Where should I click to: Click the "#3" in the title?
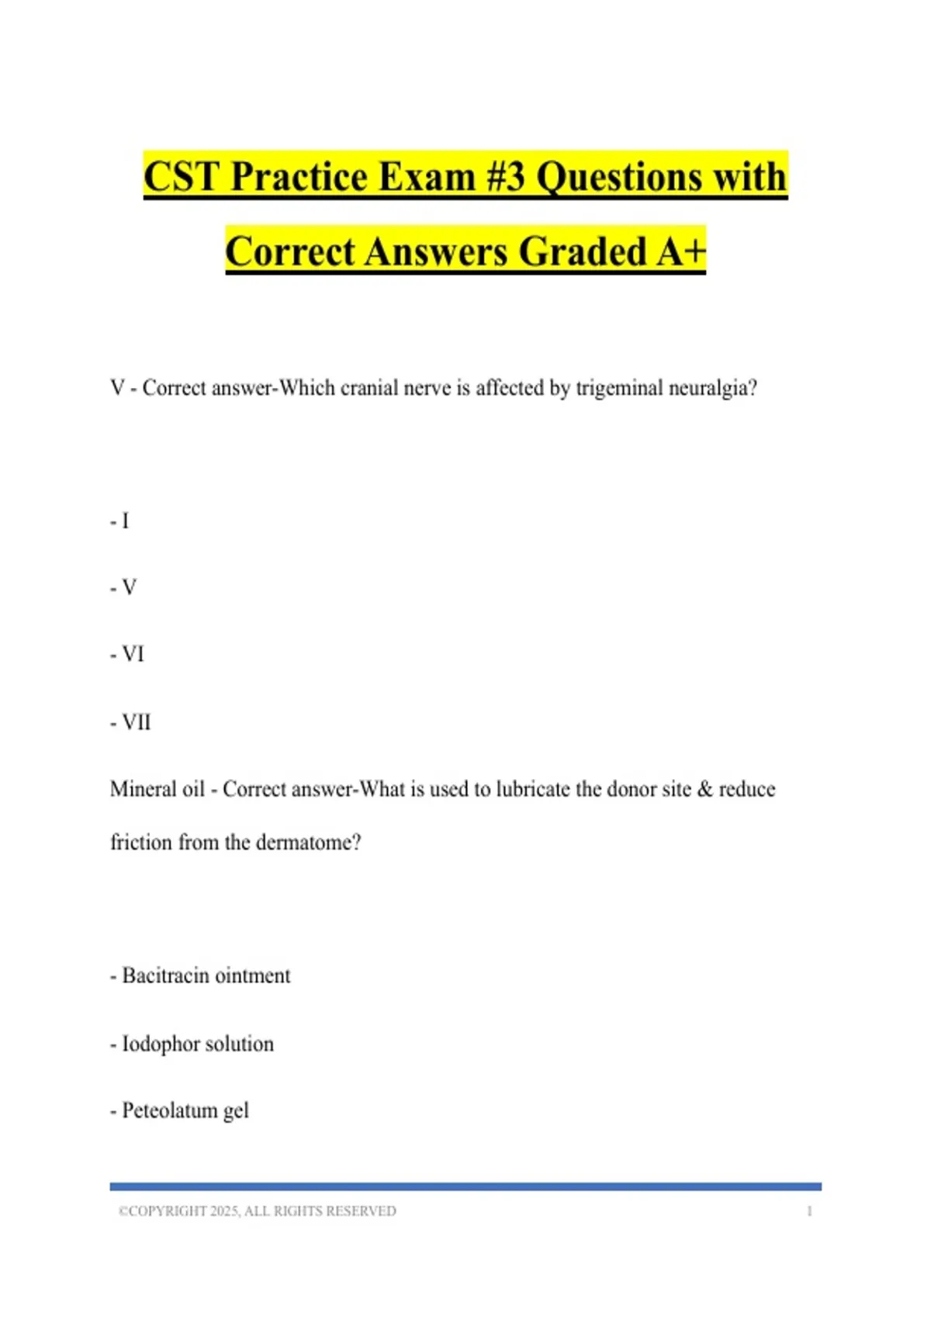pyautogui.click(x=507, y=177)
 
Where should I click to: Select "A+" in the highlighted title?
pyautogui.click(x=680, y=251)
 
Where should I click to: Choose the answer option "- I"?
pyautogui.click(x=119, y=521)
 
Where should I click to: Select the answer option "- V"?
pyautogui.click(x=123, y=588)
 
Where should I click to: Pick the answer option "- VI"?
pyautogui.click(x=127, y=655)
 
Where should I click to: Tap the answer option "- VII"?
pyautogui.click(x=130, y=722)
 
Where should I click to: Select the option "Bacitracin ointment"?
pyautogui.click(x=206, y=976)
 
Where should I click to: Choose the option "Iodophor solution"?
pyautogui.click(x=198, y=1044)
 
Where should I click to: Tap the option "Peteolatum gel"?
pyautogui.click(x=185, y=1111)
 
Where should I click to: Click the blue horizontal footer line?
pyautogui.click(x=465, y=1186)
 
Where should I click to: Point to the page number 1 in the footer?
pyautogui.click(x=809, y=1211)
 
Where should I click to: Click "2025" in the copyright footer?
pyautogui.click(x=225, y=1211)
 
